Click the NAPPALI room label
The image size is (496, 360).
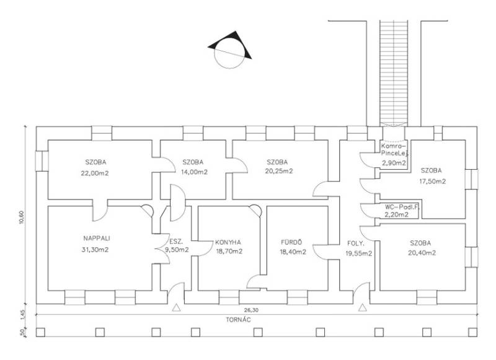pos(97,239)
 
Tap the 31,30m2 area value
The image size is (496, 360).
pos(95,250)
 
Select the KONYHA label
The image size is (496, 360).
pos(228,242)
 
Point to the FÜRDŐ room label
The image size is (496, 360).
pos(291,242)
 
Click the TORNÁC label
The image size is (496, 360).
pos(238,320)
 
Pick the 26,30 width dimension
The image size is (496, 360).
pos(251,310)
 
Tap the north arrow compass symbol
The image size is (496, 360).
pos(229,50)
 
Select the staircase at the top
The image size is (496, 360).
pos(394,73)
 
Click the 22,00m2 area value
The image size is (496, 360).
pos(95,173)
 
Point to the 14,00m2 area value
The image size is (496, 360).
pos(194,172)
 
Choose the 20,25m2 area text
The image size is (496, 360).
pos(279,171)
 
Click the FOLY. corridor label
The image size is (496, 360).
pos(356,244)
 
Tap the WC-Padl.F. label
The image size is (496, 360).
pos(402,208)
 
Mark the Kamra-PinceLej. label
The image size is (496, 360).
pos(394,150)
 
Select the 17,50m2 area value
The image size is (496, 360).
pos(432,182)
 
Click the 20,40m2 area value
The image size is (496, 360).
pos(422,253)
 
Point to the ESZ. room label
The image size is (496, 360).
pos(176,242)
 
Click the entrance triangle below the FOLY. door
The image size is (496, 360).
pos(363,307)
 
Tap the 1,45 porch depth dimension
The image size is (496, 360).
pos(22,315)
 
